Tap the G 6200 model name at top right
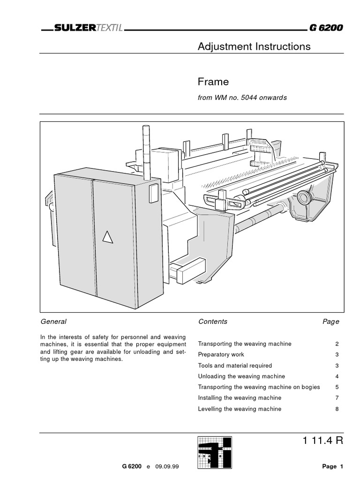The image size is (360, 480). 326,28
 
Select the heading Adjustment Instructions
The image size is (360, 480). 254,46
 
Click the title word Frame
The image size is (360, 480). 213,82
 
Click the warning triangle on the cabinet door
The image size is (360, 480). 108,238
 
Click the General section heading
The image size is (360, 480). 54,322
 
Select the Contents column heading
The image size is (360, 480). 213,322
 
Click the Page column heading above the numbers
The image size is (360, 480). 330,322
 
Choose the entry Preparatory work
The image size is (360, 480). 221,354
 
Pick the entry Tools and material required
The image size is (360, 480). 235,365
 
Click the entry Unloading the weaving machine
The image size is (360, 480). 241,376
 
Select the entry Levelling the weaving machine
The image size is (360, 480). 240,409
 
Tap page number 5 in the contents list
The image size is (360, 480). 337,387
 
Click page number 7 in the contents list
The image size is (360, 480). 337,398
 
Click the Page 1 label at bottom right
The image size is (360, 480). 333,466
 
